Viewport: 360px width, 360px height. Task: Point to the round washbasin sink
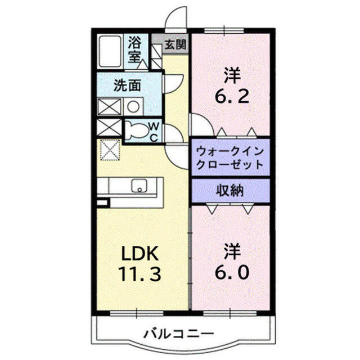pos(133,106)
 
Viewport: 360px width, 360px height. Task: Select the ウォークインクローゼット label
pos(230,157)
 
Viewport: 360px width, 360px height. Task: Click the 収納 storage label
pos(230,190)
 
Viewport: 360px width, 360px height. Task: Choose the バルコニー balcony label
pos(181,333)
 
